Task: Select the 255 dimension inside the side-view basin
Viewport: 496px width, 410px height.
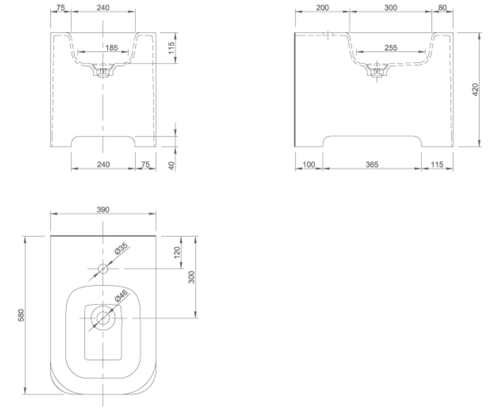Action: pyautogui.click(x=390, y=48)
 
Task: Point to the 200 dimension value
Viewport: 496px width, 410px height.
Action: pyautogui.click(x=322, y=8)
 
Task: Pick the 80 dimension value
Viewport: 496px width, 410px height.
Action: pyautogui.click(x=442, y=8)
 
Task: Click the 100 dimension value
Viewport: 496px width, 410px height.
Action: pyautogui.click(x=309, y=164)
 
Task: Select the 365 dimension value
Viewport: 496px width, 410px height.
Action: pyautogui.click(x=372, y=164)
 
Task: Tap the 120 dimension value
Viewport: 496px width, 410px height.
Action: pyautogui.click(x=177, y=252)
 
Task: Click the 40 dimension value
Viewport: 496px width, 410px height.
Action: pyautogui.click(x=171, y=166)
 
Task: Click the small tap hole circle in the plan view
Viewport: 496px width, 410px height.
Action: pyautogui.click(x=103, y=268)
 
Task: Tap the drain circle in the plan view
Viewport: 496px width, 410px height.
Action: pyautogui.click(x=103, y=317)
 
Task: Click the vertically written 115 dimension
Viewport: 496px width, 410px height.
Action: pyautogui.click(x=171, y=48)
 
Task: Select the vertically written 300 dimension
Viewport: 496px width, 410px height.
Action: pyautogui.click(x=191, y=277)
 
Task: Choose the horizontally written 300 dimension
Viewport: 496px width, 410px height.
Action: pyautogui.click(x=390, y=8)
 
